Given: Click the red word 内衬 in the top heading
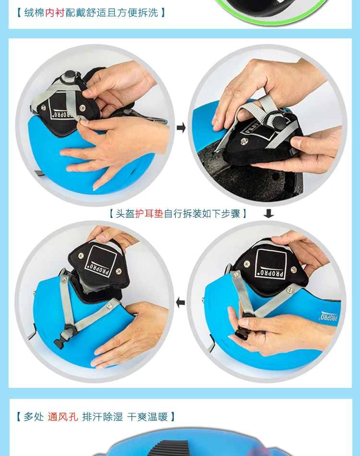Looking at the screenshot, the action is [x=55, y=13].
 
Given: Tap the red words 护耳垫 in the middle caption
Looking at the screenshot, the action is [x=149, y=214].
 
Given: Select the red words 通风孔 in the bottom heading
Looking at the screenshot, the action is [x=63, y=417].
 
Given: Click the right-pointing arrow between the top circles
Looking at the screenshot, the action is [x=181, y=127].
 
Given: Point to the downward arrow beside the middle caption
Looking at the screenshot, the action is [x=268, y=214].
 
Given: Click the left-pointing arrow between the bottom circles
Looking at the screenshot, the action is [x=180, y=302].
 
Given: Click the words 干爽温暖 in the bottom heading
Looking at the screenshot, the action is [x=147, y=417].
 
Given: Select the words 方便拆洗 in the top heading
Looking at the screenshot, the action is [x=138, y=13].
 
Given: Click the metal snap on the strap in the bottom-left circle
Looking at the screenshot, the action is [x=109, y=305].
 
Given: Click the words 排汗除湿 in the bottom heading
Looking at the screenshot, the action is [x=102, y=417].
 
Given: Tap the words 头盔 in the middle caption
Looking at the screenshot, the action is [x=125, y=214].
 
